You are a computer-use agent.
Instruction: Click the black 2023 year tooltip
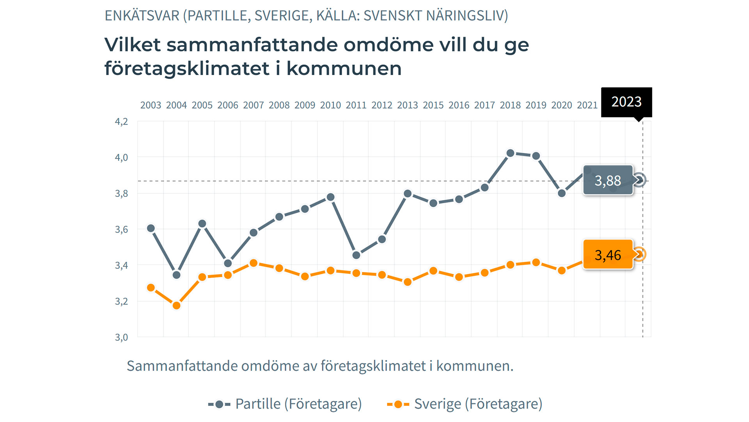tap(626, 102)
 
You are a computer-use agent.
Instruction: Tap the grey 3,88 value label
tap(607, 181)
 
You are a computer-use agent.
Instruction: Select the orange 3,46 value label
tap(607, 255)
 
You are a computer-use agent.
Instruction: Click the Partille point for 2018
tap(510, 153)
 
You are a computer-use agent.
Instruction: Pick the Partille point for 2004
tap(176, 275)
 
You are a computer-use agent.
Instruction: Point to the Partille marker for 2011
tap(356, 255)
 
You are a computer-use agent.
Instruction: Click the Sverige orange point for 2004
tap(176, 306)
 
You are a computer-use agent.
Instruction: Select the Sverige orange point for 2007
tap(254, 263)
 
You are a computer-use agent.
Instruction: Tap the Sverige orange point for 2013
tap(408, 282)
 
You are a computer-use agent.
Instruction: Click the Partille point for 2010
tap(330, 197)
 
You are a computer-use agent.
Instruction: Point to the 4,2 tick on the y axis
tap(121, 122)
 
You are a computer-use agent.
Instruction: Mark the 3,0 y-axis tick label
tap(121, 337)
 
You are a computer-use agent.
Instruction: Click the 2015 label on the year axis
tap(433, 105)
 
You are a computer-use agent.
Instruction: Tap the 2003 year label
tap(151, 105)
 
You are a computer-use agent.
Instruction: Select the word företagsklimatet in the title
tap(186, 69)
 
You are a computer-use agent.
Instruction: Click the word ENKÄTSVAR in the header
tap(142, 16)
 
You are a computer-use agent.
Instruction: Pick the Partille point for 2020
tap(562, 193)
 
